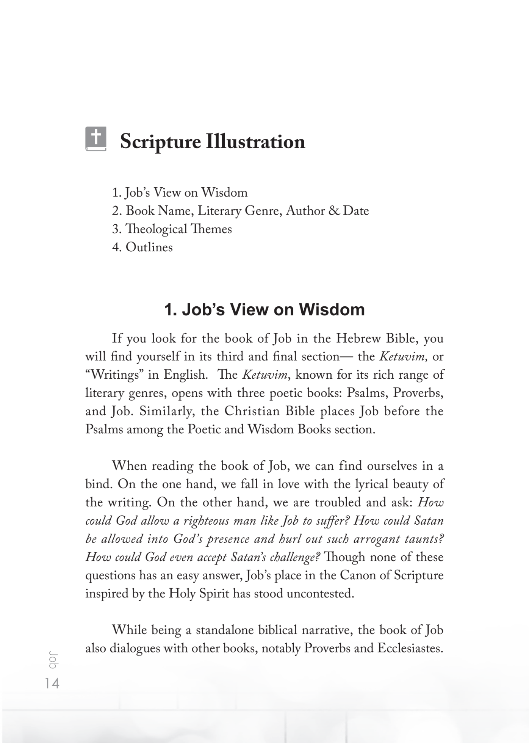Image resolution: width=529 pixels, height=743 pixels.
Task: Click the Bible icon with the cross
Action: (96, 139)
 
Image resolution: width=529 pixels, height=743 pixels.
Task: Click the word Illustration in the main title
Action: (255, 142)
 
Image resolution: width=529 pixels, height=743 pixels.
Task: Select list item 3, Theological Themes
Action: (172, 229)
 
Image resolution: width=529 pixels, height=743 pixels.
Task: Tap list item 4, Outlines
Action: (142, 247)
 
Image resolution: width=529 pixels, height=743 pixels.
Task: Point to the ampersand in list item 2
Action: (334, 211)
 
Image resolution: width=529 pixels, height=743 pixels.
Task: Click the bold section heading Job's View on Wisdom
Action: (264, 310)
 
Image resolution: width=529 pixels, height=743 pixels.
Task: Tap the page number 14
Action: (52, 683)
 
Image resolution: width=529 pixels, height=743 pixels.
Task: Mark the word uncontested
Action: (320, 594)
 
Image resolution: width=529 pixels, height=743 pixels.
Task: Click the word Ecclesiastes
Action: (410, 648)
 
